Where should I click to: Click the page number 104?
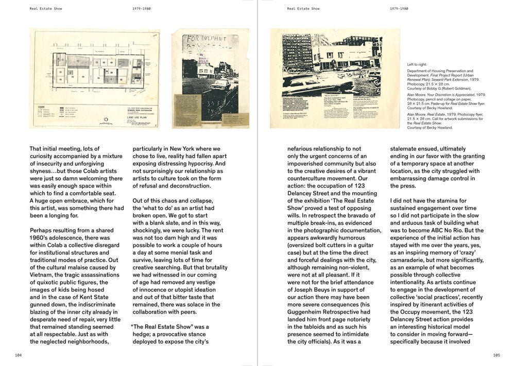[19, 355]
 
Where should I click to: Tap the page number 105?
[496, 355]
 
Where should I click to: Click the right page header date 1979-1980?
[399, 9]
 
